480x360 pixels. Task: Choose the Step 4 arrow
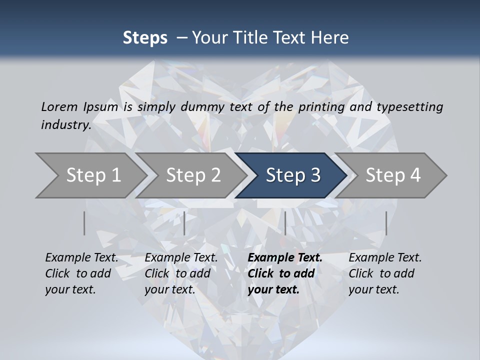coord(393,175)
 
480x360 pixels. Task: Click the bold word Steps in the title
coord(145,38)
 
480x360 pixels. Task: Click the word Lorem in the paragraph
coord(59,107)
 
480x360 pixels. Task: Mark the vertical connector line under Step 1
coord(84,223)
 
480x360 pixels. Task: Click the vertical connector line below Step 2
coord(184,223)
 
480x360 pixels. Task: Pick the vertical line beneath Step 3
coord(285,223)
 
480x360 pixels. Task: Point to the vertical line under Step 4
coord(386,223)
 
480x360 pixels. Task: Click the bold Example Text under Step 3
coord(285,258)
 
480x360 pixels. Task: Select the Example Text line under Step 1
coord(81,258)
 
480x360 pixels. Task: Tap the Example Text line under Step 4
coord(385,258)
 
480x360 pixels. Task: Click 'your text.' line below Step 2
coord(170,289)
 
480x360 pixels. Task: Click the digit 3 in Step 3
coord(315,175)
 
